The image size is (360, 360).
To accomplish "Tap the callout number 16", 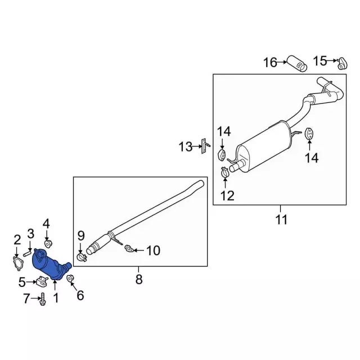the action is pos(270,62).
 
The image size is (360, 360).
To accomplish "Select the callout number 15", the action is pos(320,61).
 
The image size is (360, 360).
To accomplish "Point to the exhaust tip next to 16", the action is pos(297,63).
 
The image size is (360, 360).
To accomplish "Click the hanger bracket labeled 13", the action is pos(204,146).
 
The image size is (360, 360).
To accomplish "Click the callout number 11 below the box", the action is pos(281,220).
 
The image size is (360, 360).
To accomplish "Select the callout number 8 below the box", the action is pos(139,280).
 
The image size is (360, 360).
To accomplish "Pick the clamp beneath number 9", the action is pos(81,258).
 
